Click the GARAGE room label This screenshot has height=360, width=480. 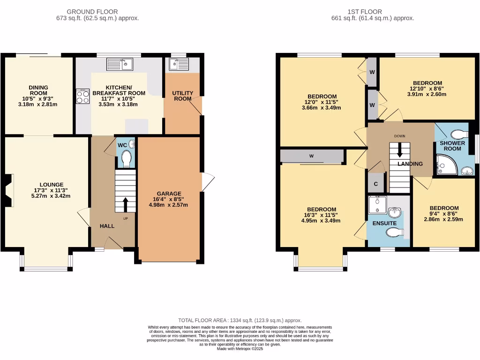point(169,194)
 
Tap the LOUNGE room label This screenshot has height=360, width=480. point(52,184)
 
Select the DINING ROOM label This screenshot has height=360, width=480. point(38,90)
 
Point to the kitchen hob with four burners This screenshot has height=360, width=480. point(83,97)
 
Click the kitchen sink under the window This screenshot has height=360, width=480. point(120,63)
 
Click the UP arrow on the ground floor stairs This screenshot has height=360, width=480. point(126,204)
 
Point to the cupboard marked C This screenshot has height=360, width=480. point(376,183)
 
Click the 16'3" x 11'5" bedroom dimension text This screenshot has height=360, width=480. point(321,216)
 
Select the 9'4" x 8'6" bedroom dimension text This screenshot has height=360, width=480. point(444,214)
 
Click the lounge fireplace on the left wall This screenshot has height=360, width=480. point(8,190)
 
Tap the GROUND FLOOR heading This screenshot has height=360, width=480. point(92,12)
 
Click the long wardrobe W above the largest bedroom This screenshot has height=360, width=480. point(311,157)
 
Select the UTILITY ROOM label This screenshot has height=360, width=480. point(182,96)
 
